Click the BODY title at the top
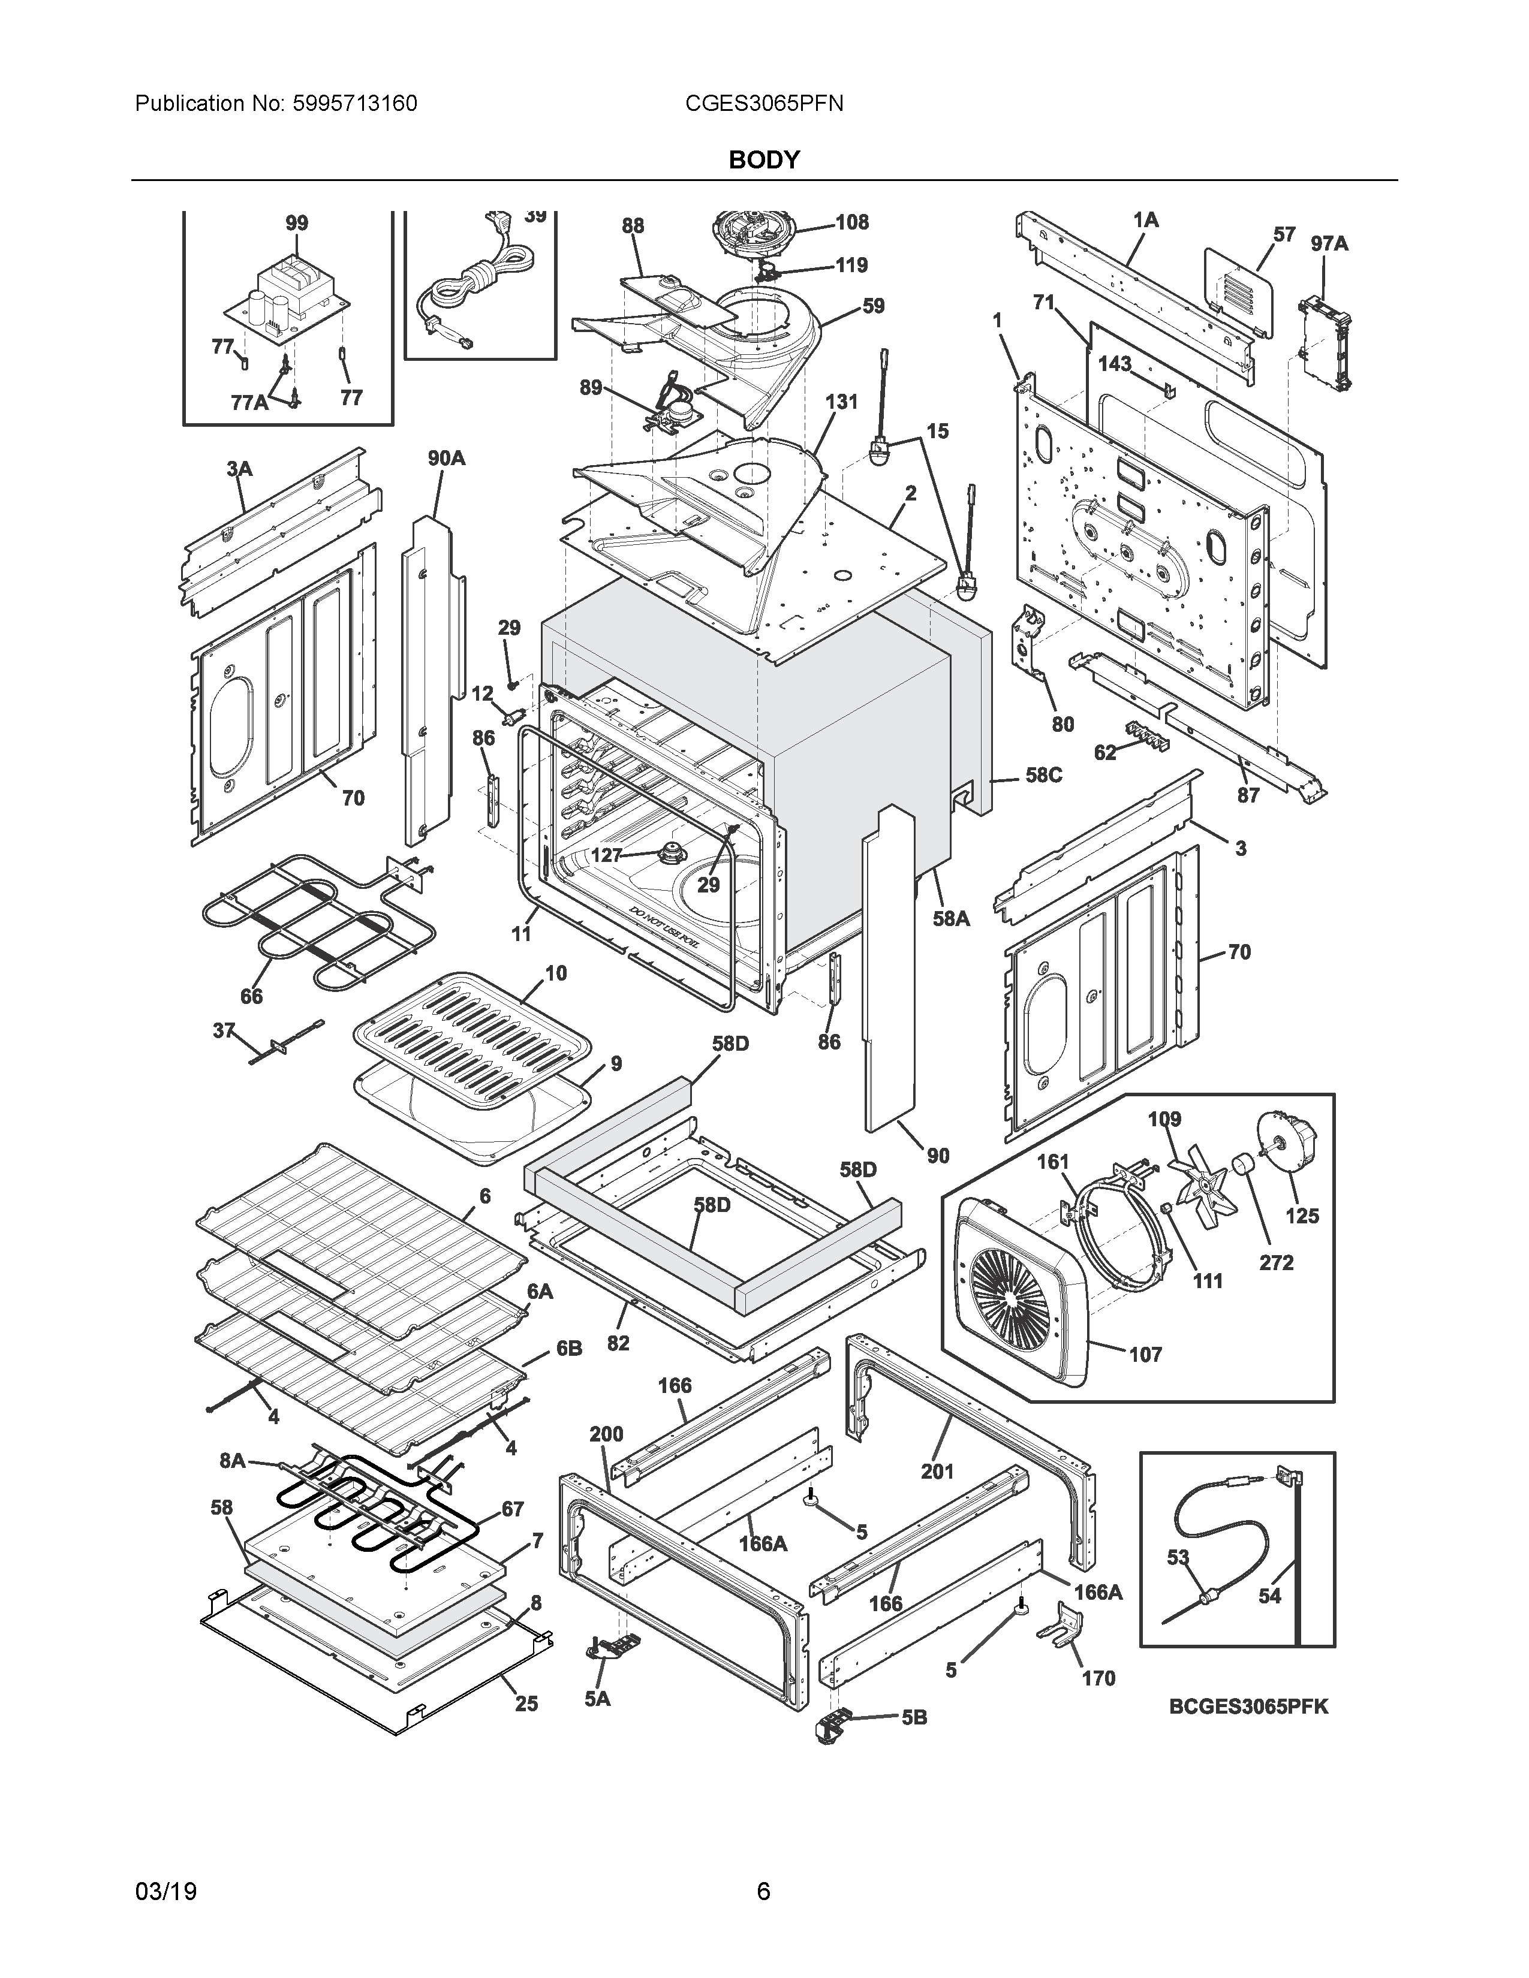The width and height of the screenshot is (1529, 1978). pos(763,160)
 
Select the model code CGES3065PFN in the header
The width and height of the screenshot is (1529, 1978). pos(763,104)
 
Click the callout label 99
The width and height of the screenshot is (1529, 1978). pos(296,223)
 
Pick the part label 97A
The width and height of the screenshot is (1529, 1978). pos(1329,243)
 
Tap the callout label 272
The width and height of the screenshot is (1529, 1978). pos(1277,1262)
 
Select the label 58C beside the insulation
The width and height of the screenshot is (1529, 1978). pos(1043,775)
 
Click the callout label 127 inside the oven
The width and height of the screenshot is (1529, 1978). pos(606,855)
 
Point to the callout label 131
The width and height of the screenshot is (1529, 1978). pos(841,401)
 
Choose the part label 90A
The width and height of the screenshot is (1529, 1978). pos(447,459)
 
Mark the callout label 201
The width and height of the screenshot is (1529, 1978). pos(938,1472)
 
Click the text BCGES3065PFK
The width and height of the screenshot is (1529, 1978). pos(1248,1706)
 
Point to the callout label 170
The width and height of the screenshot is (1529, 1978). pos(1098,1678)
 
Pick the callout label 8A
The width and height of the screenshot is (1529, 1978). pos(233,1460)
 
